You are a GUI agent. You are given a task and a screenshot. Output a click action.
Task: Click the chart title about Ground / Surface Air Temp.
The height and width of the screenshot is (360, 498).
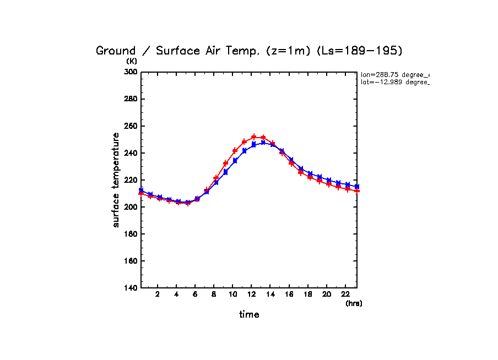tap(249, 51)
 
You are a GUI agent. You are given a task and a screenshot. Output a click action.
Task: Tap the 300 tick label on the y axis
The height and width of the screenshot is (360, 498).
tap(131, 72)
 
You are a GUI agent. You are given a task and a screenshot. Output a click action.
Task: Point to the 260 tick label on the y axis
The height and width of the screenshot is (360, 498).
tap(131, 126)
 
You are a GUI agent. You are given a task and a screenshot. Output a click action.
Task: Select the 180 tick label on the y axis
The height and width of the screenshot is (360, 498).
tap(131, 234)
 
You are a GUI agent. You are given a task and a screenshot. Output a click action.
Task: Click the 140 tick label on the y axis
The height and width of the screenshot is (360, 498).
tap(131, 288)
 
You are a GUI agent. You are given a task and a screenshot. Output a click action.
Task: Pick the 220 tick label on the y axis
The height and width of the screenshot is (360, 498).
tap(131, 180)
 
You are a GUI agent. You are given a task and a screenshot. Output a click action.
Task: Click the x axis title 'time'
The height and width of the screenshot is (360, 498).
tap(249, 315)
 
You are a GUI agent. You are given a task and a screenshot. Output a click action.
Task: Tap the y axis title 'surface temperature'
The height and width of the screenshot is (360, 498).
tap(116, 180)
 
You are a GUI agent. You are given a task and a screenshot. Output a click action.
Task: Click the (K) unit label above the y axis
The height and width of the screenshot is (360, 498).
tap(132, 61)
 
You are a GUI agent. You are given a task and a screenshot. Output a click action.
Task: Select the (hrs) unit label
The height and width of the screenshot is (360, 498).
tap(354, 303)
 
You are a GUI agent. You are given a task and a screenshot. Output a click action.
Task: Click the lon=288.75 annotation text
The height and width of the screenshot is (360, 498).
tap(394, 74)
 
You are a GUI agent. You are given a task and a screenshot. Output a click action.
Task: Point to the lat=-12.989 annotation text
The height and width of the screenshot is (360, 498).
tap(394, 83)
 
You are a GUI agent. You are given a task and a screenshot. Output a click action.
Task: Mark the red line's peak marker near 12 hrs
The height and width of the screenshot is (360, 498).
tap(254, 137)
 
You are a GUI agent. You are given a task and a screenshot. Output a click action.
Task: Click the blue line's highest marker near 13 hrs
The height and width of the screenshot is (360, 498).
tap(263, 143)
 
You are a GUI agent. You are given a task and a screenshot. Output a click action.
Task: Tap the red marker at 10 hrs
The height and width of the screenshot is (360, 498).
tap(235, 151)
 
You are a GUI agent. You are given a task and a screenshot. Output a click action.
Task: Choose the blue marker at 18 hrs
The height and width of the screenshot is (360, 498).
tap(310, 174)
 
